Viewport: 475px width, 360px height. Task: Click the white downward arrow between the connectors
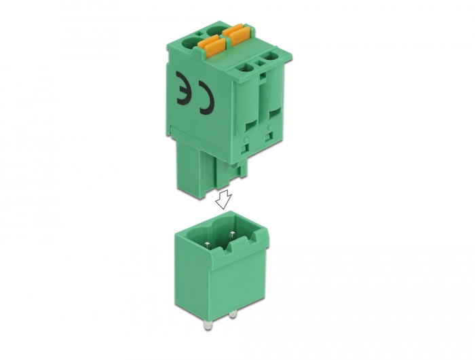tap(223, 199)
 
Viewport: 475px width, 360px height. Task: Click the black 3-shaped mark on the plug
tap(183, 88)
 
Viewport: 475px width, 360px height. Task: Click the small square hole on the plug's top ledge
tap(260, 64)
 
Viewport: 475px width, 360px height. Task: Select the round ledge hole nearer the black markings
tap(247, 68)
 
